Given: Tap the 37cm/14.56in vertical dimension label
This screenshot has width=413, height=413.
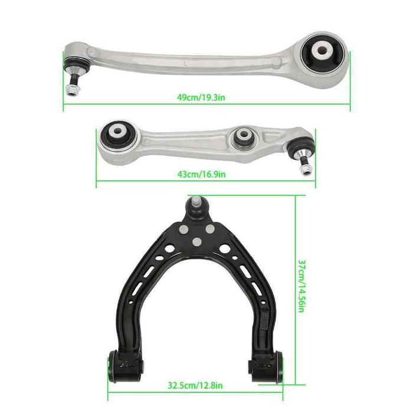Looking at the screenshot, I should [301, 288].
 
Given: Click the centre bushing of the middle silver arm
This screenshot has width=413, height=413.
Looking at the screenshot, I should [243, 137].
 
